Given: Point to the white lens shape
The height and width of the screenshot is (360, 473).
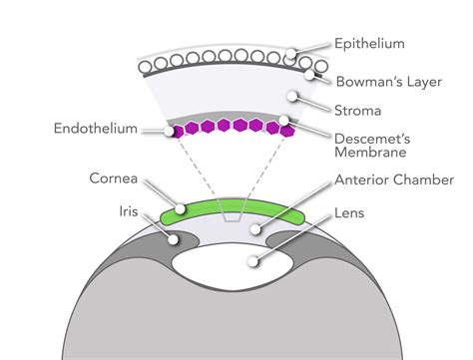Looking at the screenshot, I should [x=236, y=263].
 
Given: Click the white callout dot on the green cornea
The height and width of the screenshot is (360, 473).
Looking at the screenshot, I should [x=182, y=210].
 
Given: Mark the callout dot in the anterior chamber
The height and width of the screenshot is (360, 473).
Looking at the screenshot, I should [x=256, y=229].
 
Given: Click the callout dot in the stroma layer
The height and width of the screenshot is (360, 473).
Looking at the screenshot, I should [x=291, y=98].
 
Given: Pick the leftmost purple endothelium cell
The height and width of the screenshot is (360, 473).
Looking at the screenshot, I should [x=177, y=131].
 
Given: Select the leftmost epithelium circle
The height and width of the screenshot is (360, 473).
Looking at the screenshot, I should [x=145, y=66].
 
